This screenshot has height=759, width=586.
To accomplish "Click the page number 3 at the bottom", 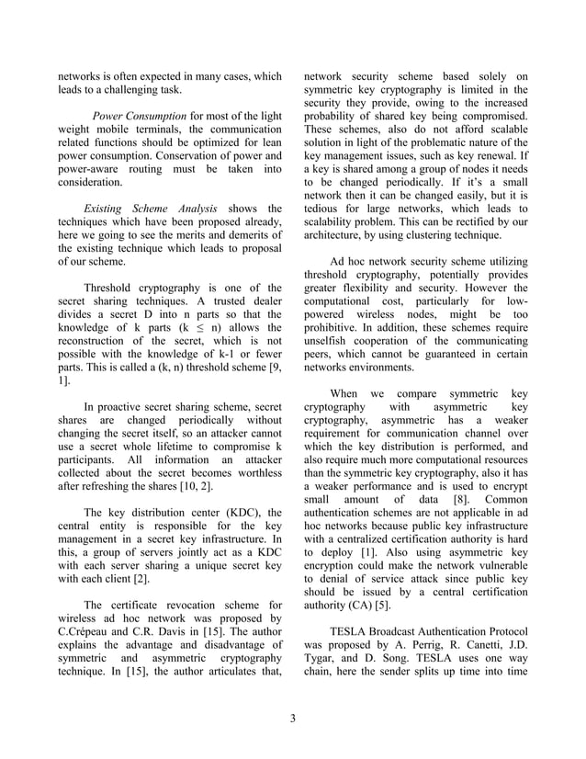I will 292,718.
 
